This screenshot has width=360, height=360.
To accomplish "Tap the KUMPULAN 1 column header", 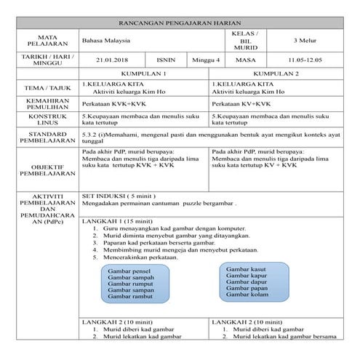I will click(x=143, y=75).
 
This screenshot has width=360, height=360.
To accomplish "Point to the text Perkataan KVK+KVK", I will click(x=113, y=104).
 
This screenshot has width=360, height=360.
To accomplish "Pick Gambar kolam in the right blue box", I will click(x=247, y=294).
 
